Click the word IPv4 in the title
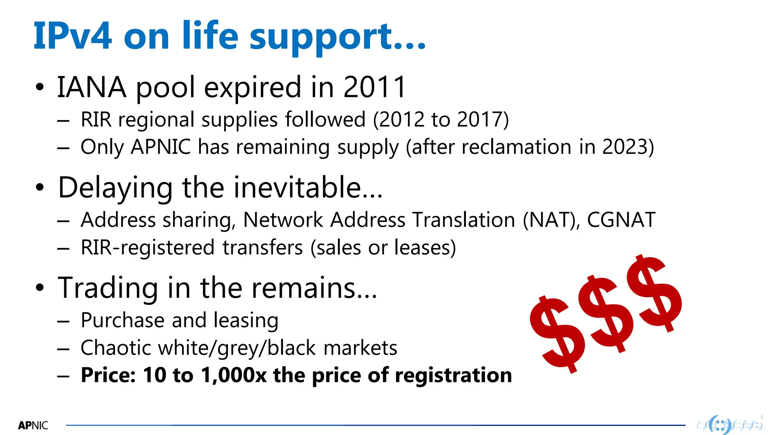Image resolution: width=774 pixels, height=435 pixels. pyautogui.click(x=73, y=36)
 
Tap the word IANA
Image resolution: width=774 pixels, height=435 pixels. pyautogui.click(x=91, y=87)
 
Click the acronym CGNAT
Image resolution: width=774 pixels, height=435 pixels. pyautogui.click(x=621, y=220)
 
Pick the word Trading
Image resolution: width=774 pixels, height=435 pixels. pyautogui.click(x=108, y=288)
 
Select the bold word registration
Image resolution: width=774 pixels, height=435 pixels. pyautogui.click(x=453, y=375)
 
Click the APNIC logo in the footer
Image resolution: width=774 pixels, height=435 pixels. pyautogui.click(x=33, y=426)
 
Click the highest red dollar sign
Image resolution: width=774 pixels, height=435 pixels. pyautogui.click(x=655, y=293)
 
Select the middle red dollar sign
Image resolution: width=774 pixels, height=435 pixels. pyautogui.click(x=606, y=313)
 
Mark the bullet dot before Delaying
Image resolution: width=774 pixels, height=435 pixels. pyautogui.click(x=40, y=188)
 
